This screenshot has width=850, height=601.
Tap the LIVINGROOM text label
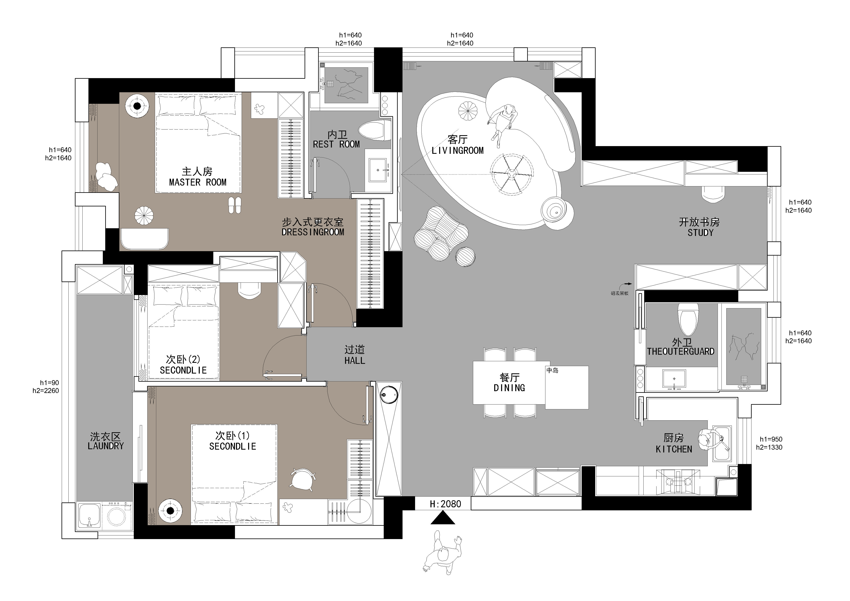click(458, 150)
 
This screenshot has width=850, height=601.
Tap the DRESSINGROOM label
click(313, 232)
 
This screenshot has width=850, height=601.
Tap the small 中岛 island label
click(552, 370)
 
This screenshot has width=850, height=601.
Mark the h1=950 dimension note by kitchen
click(771, 439)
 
